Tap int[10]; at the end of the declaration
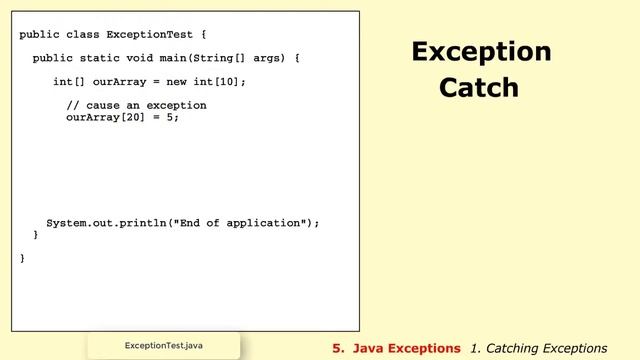pyautogui.click(x=228, y=82)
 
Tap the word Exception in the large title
pyautogui.click(x=481, y=52)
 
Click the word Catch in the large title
pyautogui.click(x=480, y=88)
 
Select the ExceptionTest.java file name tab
pyautogui.click(x=164, y=346)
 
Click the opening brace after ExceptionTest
pyautogui.click(x=203, y=35)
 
